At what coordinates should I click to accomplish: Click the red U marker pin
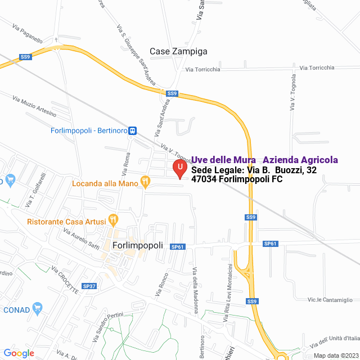coord(179,168)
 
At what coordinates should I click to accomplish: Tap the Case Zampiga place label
coord(178,51)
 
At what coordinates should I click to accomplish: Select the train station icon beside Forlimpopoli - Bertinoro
coord(133,130)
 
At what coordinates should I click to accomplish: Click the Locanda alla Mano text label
coord(105,183)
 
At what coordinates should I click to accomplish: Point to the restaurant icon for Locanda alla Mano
coord(146,181)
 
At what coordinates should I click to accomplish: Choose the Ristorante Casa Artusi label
coord(66,222)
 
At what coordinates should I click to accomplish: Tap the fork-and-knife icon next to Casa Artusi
coord(114,219)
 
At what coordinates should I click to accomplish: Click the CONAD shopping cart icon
coord(38,308)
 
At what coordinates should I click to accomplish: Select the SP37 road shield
coord(89,286)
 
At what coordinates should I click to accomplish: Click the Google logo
coord(19,353)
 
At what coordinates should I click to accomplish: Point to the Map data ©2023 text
coord(335,355)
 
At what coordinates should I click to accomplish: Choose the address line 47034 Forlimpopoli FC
coord(237,179)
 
